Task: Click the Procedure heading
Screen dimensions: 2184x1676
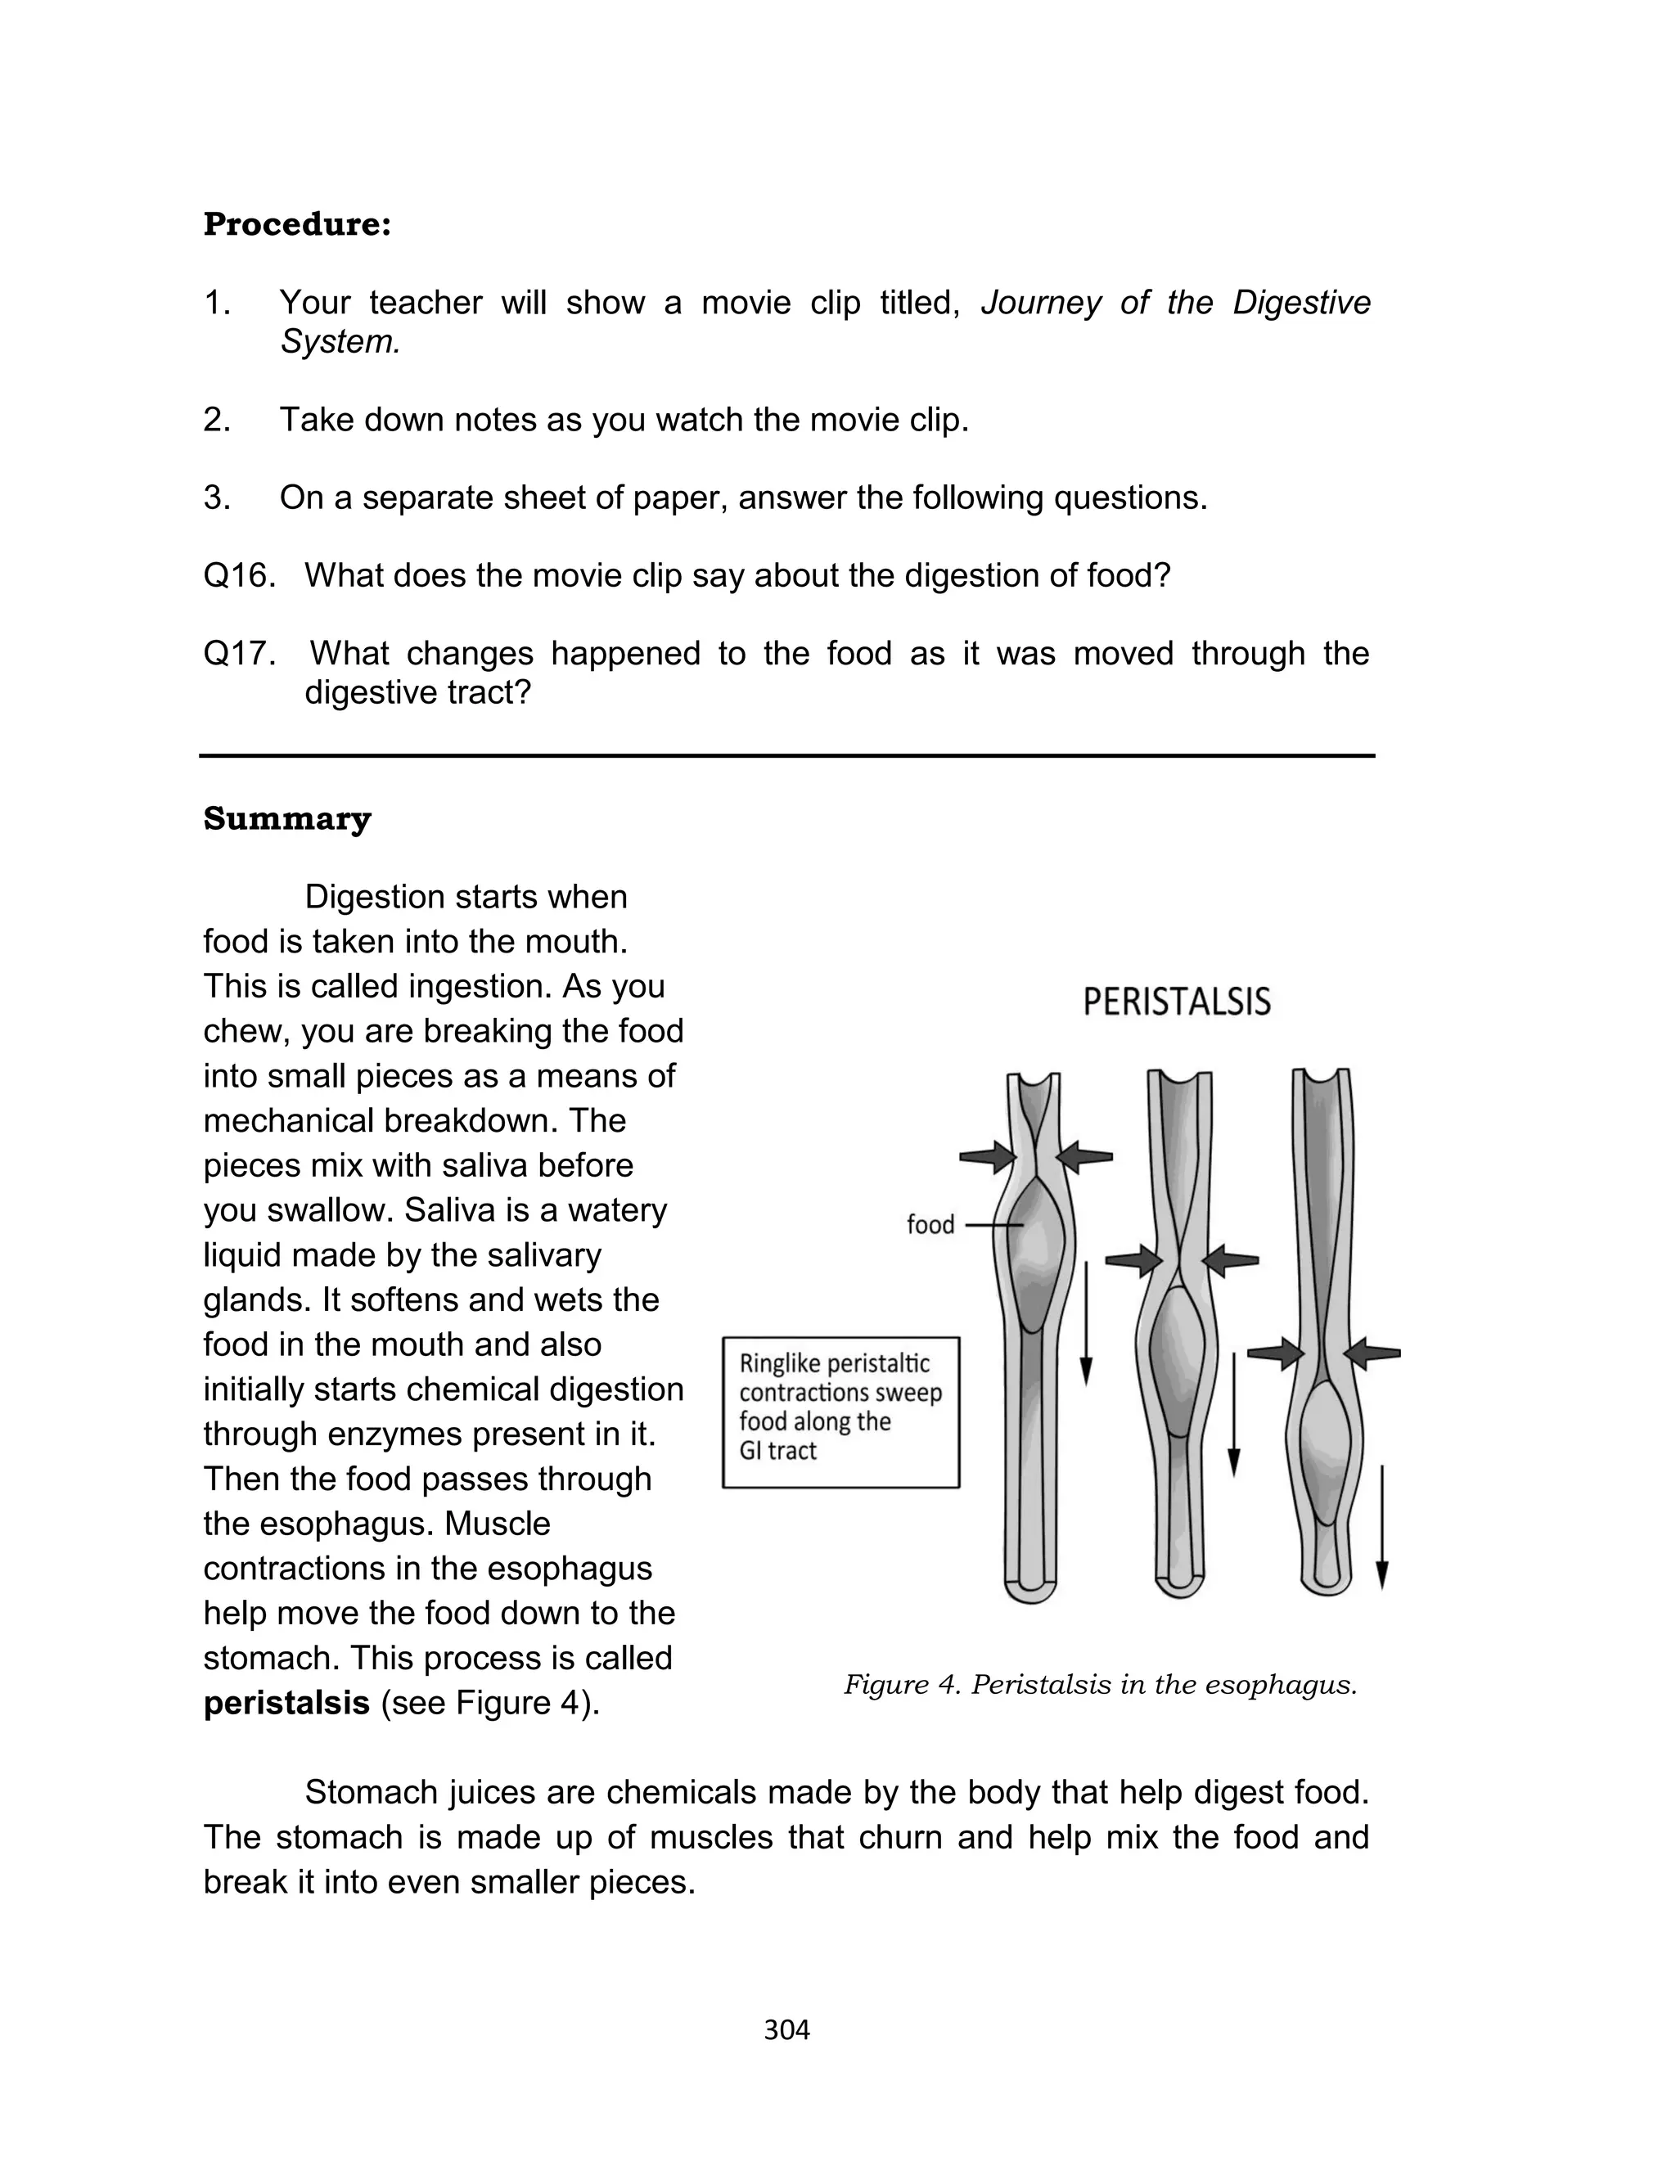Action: click(x=296, y=224)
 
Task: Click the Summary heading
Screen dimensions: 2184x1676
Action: click(x=286, y=819)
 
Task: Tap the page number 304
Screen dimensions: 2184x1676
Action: click(x=786, y=2029)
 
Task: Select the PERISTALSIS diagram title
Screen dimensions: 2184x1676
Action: click(x=1176, y=1002)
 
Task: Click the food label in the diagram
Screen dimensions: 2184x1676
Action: click(x=930, y=1225)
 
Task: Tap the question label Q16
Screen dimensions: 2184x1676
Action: click(x=238, y=575)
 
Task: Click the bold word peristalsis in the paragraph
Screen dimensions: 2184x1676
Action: click(x=286, y=1702)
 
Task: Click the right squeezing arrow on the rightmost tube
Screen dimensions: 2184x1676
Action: click(x=1372, y=1353)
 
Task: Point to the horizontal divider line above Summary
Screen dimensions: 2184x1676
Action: click(x=786, y=756)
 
